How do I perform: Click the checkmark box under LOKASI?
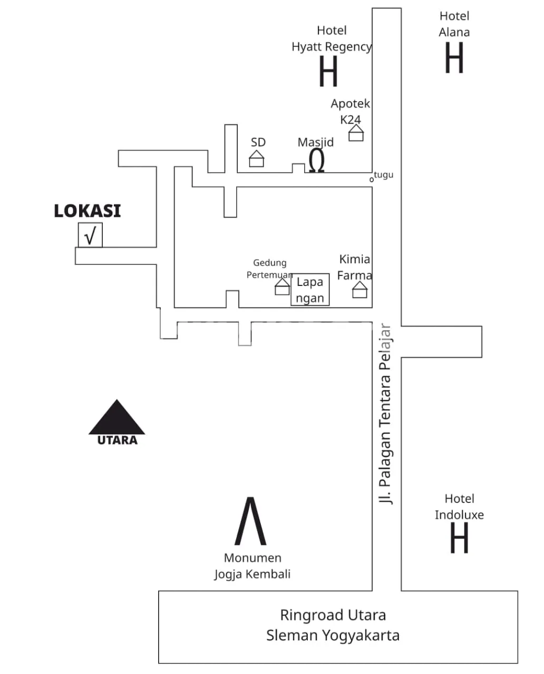point(90,235)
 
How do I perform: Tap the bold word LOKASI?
point(88,211)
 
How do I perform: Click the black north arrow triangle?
point(116,417)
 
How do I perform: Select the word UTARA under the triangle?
point(117,440)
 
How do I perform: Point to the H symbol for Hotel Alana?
point(454,58)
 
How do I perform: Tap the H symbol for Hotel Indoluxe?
point(459,538)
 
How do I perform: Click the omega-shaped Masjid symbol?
point(316,161)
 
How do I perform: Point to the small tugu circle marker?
point(371,180)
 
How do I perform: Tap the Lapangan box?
point(310,290)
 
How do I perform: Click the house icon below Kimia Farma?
point(360,290)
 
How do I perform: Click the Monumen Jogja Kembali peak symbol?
point(250,521)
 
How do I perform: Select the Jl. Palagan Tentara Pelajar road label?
point(386,414)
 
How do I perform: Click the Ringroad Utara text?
point(333,615)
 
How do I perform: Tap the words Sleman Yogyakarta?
point(333,636)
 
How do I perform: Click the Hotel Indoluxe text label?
point(459,507)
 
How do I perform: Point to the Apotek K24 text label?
point(351,111)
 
